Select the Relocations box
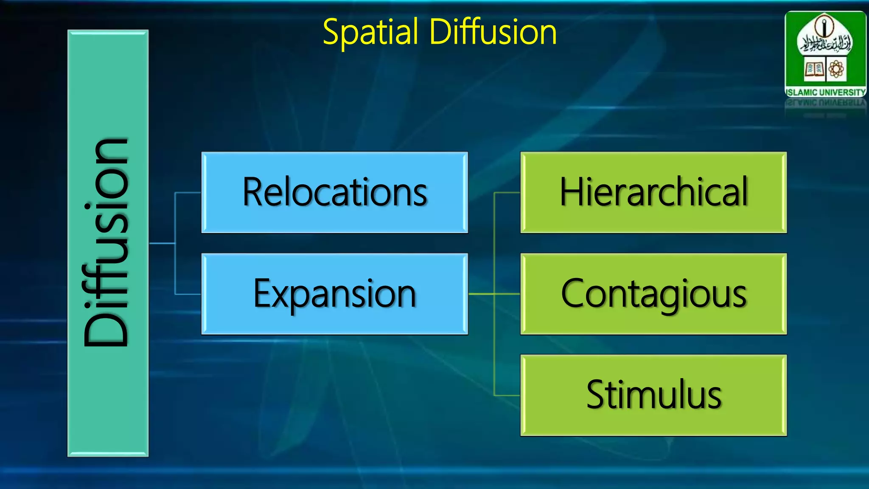click(334, 192)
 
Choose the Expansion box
click(334, 294)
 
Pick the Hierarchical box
click(653, 192)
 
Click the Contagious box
click(653, 294)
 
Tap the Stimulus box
click(653, 395)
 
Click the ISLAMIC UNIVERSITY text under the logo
click(825, 92)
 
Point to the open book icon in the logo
click(814, 69)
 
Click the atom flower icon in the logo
click(836, 69)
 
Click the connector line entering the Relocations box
click(188, 193)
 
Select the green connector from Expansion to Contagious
click(494, 294)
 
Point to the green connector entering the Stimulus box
click(507, 395)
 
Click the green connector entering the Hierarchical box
click(507, 193)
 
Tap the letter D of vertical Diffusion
click(107, 325)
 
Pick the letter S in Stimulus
click(596, 395)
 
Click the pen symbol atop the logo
click(824, 26)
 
